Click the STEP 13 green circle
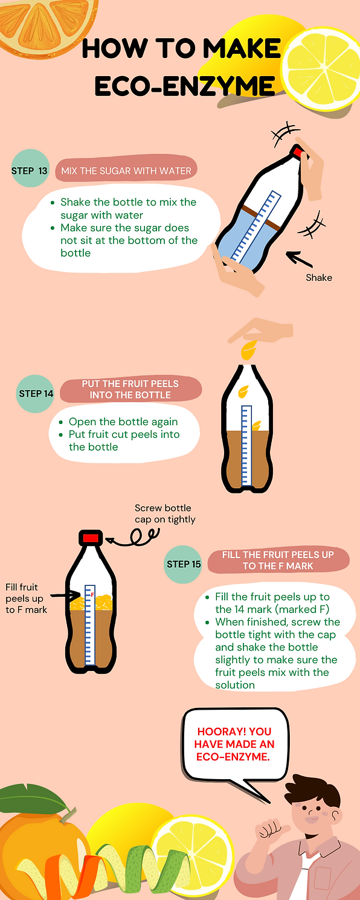(30, 169)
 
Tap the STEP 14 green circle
(36, 394)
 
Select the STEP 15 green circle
(183, 564)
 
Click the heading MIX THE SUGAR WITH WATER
(126, 171)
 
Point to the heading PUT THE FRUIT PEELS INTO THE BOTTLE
(130, 390)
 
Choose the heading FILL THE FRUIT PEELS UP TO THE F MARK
(278, 560)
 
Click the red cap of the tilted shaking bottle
(298, 153)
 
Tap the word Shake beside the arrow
(318, 278)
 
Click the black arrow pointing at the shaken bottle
(299, 259)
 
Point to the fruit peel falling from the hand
(248, 350)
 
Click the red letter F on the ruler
(92, 594)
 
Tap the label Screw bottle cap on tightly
(165, 513)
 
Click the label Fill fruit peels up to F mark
(26, 598)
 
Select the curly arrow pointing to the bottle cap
(135, 539)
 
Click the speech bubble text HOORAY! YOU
(234, 731)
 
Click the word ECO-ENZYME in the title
(184, 86)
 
